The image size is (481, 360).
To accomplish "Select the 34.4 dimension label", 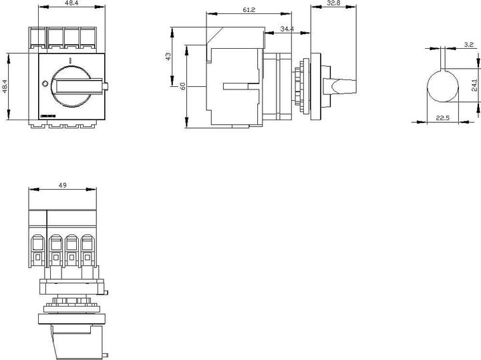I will tap(286, 29).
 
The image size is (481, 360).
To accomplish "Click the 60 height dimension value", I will tap(182, 86).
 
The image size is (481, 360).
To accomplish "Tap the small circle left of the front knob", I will tap(45, 84).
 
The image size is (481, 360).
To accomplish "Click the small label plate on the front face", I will tap(48, 115).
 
